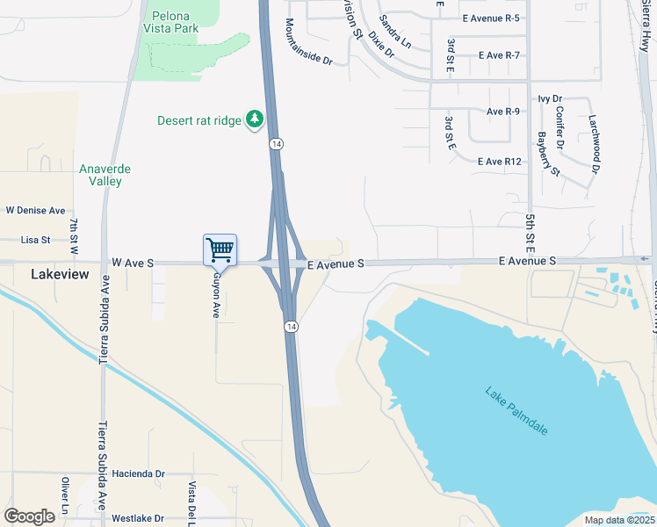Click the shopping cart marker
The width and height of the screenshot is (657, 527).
[x=220, y=249]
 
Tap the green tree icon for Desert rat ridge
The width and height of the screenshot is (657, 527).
[x=255, y=119]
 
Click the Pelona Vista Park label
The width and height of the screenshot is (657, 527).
[x=175, y=22]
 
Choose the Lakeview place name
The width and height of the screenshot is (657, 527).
[x=60, y=274]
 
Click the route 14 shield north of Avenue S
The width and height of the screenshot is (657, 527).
[x=276, y=144]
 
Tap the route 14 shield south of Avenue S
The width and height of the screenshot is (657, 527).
[x=290, y=327]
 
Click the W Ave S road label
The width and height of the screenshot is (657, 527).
[x=134, y=263]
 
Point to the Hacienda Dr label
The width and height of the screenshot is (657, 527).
[x=139, y=473]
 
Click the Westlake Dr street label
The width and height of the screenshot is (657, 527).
[x=139, y=519]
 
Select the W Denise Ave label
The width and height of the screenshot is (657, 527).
[x=36, y=211]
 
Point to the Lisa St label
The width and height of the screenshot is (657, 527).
[x=36, y=239]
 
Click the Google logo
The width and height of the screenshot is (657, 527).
[x=29, y=516]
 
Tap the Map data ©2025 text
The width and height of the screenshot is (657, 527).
[x=618, y=520]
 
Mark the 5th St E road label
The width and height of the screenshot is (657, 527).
[x=531, y=226]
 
